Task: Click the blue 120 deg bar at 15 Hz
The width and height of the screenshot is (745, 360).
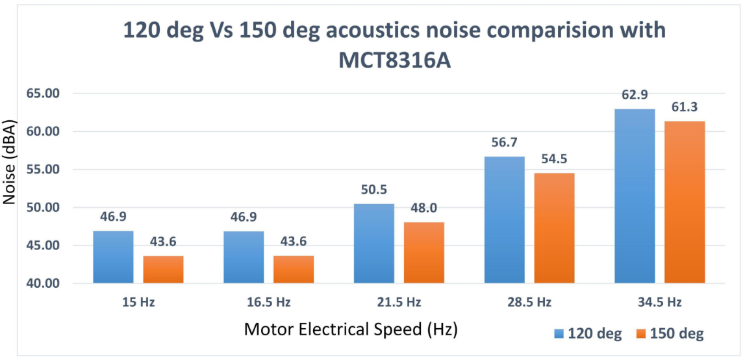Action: point(113,257)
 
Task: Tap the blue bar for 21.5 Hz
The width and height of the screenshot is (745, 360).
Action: point(373,244)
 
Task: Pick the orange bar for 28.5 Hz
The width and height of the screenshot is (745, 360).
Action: point(554,227)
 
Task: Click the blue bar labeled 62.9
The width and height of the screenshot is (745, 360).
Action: point(635,196)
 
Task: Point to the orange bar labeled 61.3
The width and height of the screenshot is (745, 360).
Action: point(685,202)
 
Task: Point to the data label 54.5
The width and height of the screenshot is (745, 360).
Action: point(554,161)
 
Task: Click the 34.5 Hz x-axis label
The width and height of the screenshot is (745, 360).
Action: point(659,302)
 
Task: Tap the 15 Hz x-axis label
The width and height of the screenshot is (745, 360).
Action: point(138,302)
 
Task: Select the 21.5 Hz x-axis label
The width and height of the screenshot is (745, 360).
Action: point(398,302)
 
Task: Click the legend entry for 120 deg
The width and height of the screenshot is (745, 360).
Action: point(588,334)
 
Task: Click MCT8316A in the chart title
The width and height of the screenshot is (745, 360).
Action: point(394,62)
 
